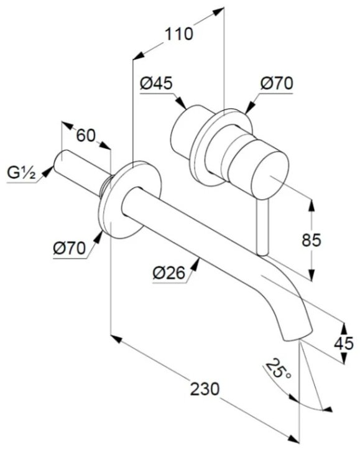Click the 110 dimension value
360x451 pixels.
(x=178, y=34)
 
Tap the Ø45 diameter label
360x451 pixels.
(x=156, y=83)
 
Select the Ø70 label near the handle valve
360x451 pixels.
(x=277, y=83)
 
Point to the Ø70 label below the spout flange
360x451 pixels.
(x=69, y=248)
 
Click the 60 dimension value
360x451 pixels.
(x=85, y=135)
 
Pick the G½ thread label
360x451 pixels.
(x=21, y=173)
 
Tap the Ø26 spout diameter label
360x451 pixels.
(x=168, y=272)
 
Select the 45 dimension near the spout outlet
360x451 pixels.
(x=344, y=343)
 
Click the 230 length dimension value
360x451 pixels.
(x=205, y=389)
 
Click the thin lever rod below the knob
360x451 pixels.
(x=263, y=227)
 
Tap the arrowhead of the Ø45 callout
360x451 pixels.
(x=181, y=103)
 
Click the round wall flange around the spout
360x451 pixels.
(x=129, y=199)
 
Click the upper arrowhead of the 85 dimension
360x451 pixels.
(x=311, y=204)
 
